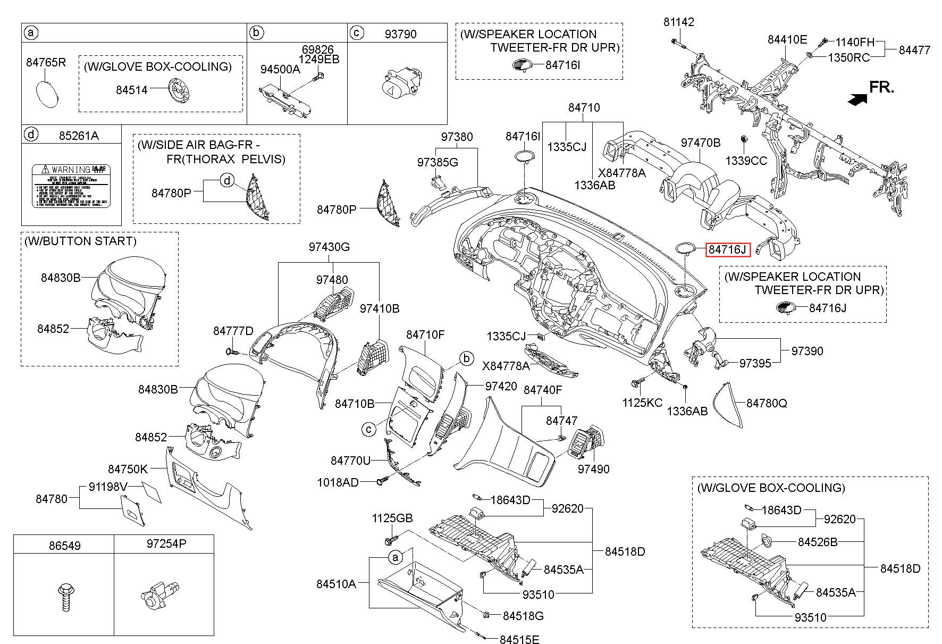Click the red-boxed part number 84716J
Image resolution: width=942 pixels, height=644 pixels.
click(x=727, y=249)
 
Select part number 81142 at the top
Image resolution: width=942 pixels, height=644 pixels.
click(x=678, y=22)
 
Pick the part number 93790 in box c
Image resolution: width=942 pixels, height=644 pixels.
click(x=400, y=34)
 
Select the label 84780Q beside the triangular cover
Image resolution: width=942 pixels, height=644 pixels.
click(x=767, y=403)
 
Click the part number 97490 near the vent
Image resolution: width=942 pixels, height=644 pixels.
click(x=594, y=469)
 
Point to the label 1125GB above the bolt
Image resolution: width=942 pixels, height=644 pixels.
click(x=392, y=518)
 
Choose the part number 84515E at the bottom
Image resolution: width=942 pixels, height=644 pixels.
click(x=519, y=639)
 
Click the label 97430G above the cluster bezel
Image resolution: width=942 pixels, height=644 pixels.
click(x=330, y=247)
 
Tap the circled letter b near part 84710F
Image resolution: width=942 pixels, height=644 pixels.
click(x=466, y=358)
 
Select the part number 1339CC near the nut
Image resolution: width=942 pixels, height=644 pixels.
click(x=746, y=161)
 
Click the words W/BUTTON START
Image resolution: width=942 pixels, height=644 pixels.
click(x=80, y=241)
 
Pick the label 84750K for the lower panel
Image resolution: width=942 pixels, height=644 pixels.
click(x=128, y=469)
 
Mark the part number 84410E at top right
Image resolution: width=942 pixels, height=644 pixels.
click(x=787, y=39)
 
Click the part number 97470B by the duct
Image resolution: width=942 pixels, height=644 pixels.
click(x=701, y=143)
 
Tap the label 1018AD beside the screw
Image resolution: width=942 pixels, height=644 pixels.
click(x=338, y=482)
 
